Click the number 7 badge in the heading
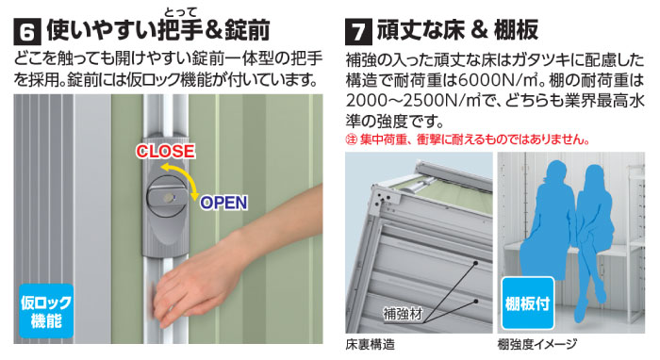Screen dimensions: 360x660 [360, 28]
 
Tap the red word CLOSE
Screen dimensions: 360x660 [165, 151]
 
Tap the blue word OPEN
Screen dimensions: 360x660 [223, 202]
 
